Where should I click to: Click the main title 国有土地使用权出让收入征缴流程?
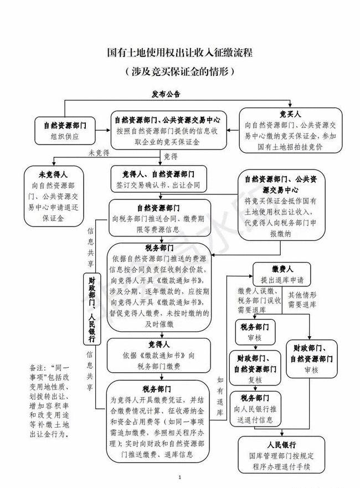click(179, 54)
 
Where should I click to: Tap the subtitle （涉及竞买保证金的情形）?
click(179, 71)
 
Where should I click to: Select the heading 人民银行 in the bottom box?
click(281, 445)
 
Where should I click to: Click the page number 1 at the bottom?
click(180, 477)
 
